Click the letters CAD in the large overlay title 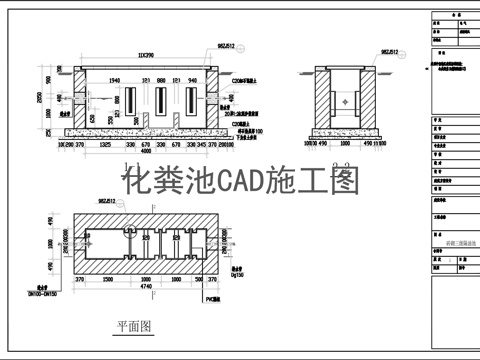click(x=242, y=181)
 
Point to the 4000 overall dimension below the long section click(x=146, y=152)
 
